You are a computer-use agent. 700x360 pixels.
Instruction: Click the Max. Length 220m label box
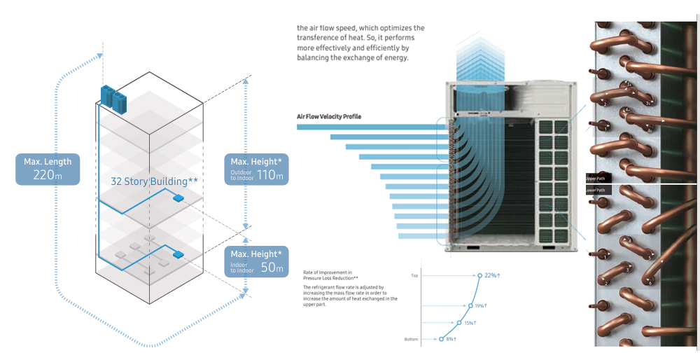(x=48, y=169)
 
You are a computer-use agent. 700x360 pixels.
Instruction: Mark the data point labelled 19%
(x=469, y=305)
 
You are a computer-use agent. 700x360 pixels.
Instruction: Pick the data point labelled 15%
(x=458, y=323)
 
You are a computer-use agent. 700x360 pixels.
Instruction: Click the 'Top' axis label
(x=414, y=276)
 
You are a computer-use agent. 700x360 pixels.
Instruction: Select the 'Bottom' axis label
(x=412, y=339)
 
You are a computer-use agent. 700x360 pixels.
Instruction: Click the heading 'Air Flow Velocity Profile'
(x=329, y=116)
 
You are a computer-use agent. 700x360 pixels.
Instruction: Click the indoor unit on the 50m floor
(x=178, y=254)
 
